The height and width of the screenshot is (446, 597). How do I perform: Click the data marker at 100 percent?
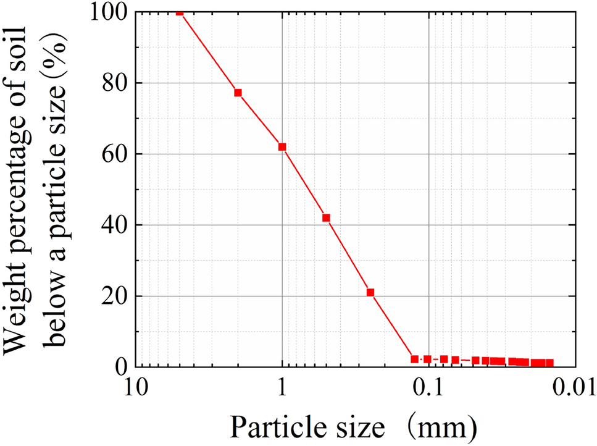click(180, 12)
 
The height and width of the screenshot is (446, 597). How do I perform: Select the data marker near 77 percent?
click(238, 93)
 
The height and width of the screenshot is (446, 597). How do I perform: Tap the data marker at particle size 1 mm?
click(282, 147)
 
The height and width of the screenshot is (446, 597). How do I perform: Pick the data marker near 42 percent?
click(327, 217)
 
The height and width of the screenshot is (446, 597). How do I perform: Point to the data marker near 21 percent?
click(370, 292)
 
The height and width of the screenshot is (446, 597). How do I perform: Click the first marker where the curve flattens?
click(415, 359)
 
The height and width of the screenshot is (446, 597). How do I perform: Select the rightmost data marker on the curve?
click(549, 363)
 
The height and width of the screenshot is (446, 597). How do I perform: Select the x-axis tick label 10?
click(135, 389)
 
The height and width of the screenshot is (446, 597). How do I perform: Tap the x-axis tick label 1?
click(282, 389)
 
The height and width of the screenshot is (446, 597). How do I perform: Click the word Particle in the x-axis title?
click(272, 425)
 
